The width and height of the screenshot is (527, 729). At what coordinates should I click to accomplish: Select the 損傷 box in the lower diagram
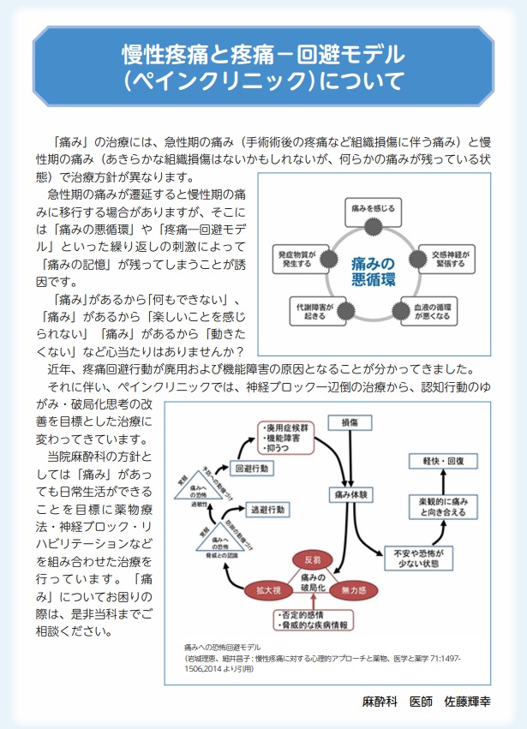(354, 422)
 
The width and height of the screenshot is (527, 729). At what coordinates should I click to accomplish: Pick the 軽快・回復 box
(442, 460)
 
